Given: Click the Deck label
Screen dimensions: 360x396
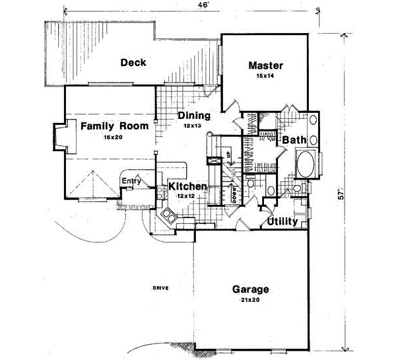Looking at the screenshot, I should pos(133,63).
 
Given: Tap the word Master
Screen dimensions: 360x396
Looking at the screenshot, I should pos(266,65).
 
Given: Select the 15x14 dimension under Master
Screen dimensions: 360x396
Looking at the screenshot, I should pos(265,77).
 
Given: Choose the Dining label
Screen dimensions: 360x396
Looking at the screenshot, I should pos(193,115).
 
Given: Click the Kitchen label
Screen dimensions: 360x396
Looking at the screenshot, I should pos(189,187).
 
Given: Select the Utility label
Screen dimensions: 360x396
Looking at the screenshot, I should pos(282,221).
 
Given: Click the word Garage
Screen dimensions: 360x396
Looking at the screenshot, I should pos(251,290).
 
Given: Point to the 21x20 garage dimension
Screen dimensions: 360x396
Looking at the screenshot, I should pos(250,301).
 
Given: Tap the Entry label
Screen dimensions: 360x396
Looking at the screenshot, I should pos(131,180).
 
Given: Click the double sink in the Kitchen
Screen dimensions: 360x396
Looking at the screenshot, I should pos(168,215).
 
